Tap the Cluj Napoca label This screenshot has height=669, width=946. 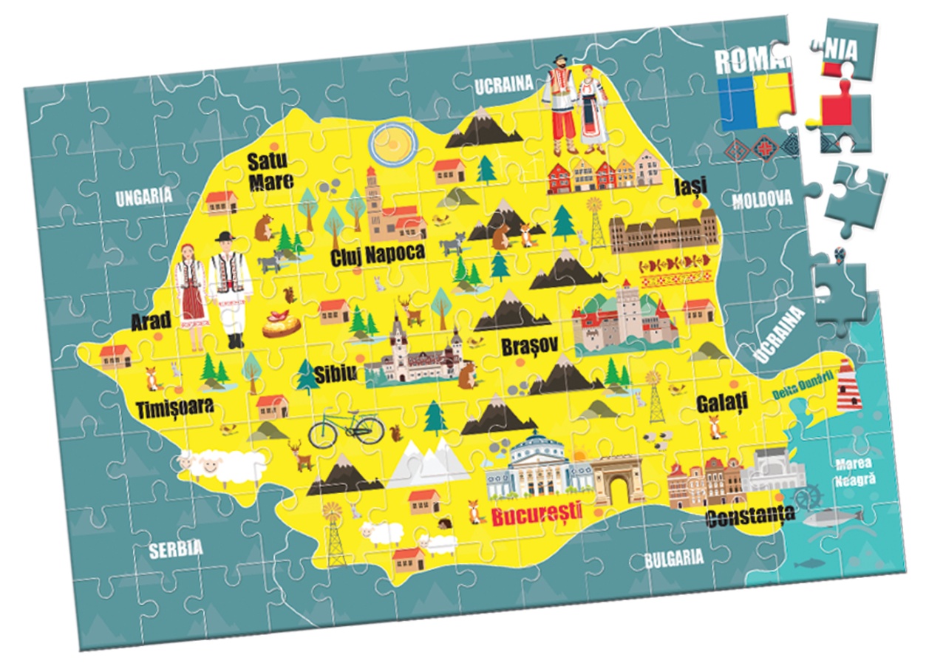coord(378,254)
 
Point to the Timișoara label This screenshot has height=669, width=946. coord(174,407)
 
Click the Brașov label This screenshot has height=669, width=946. coord(528,347)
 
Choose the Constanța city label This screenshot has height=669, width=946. coord(750,515)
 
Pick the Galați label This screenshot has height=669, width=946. coord(722,403)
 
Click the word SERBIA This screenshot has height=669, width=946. coord(175,549)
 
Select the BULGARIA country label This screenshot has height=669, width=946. coord(673,558)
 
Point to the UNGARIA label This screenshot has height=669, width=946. coord(143,197)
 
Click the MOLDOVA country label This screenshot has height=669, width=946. coord(762,199)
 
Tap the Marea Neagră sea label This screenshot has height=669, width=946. coord(855,472)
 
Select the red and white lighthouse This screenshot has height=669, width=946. coord(848,384)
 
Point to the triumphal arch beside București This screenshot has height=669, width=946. coord(619,481)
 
